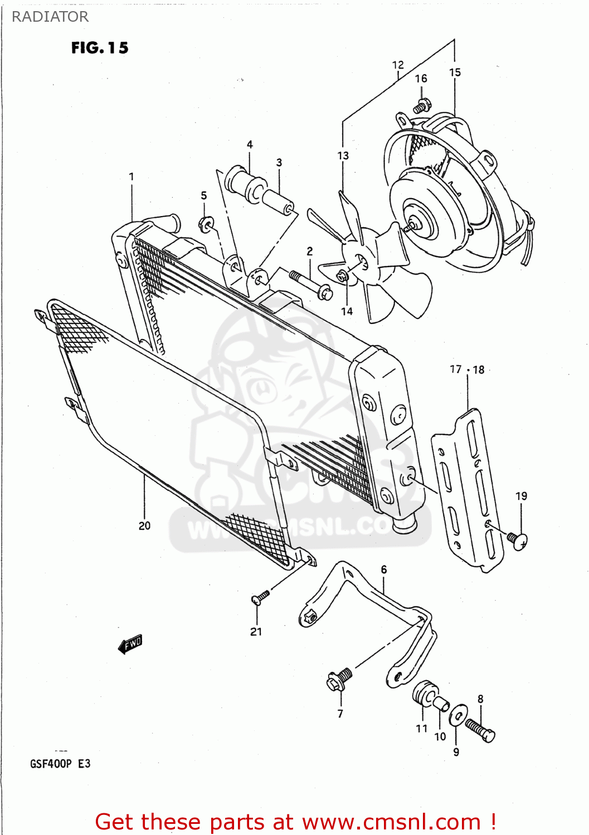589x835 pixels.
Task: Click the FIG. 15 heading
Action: coord(100,48)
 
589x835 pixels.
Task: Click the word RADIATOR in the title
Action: coord(50,17)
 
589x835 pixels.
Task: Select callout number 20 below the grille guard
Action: coord(144,525)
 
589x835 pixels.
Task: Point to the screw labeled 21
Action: coord(260,597)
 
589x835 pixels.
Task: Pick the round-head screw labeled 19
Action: coord(518,539)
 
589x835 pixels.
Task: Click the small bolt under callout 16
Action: coord(422,104)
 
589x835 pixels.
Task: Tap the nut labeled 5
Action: coord(206,224)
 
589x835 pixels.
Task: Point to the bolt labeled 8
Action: coord(480,730)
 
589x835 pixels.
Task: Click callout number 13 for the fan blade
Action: coord(343,156)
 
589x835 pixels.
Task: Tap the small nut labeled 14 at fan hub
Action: coord(342,276)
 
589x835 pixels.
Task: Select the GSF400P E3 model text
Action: coord(60,763)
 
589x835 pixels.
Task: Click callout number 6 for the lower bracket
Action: coord(383,569)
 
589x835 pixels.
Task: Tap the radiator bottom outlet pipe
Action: coord(406,524)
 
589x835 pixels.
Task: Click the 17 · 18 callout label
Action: coord(467,370)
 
